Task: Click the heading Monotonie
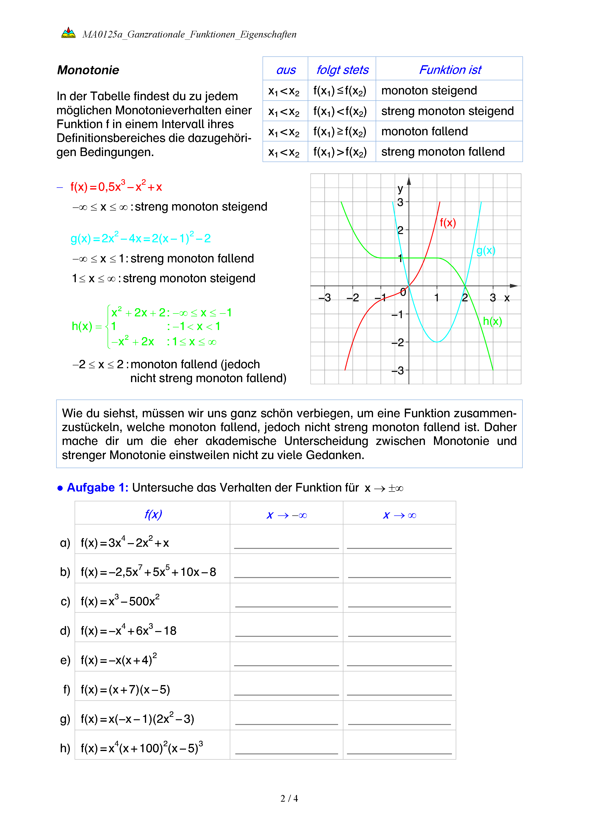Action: (x=88, y=70)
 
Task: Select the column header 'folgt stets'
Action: (x=342, y=70)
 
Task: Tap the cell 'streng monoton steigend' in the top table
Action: (x=447, y=111)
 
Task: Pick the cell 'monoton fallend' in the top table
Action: (x=424, y=131)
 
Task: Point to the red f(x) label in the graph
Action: (x=448, y=223)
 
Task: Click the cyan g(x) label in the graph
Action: (x=486, y=250)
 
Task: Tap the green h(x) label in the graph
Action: (x=492, y=321)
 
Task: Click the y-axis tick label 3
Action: (x=400, y=202)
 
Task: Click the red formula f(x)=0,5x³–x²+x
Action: (x=116, y=187)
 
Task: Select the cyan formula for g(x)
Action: (x=141, y=238)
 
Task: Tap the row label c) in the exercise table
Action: (x=65, y=601)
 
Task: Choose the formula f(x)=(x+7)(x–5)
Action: (x=125, y=689)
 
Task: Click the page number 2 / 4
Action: (x=289, y=799)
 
